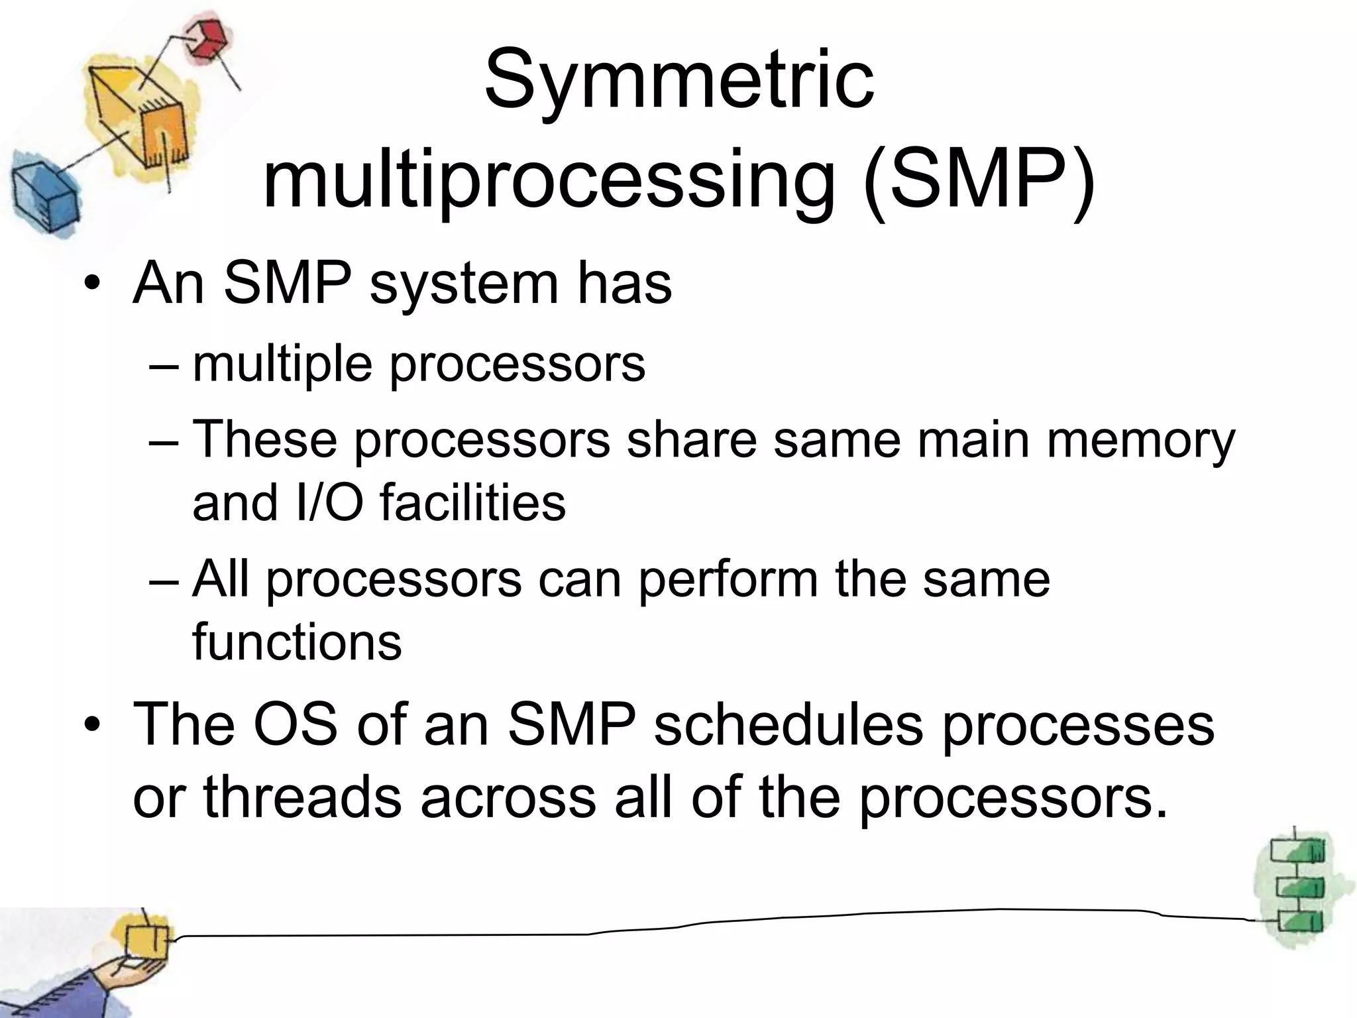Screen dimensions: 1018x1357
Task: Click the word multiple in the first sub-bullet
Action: point(282,365)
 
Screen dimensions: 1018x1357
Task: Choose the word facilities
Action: point(472,502)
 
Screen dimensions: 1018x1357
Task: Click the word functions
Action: point(297,642)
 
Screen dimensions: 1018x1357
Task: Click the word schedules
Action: point(788,724)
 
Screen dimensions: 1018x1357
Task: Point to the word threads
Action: point(302,797)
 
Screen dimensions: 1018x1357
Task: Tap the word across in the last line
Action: point(508,797)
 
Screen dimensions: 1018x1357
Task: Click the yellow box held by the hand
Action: point(146,940)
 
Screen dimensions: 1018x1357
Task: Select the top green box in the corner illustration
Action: point(1298,851)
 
